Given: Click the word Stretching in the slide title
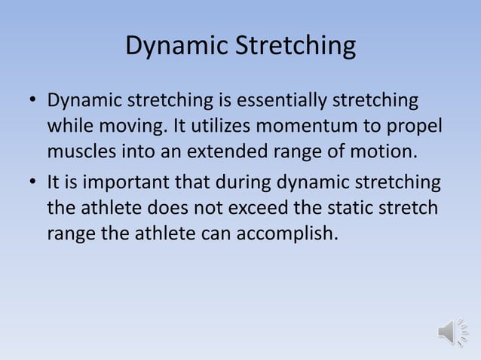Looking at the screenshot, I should click(296, 47).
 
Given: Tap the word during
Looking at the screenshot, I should click(241, 182).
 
